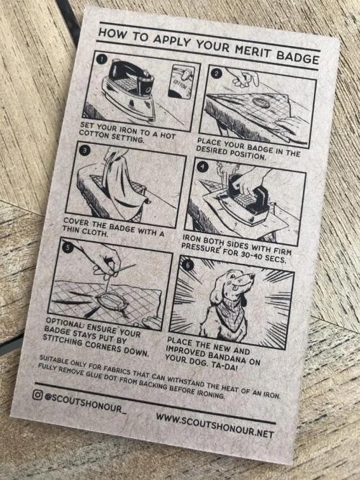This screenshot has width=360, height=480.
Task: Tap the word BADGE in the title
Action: click(x=298, y=58)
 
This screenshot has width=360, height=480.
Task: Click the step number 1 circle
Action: click(x=100, y=59)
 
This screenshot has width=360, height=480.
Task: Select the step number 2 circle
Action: click(x=216, y=73)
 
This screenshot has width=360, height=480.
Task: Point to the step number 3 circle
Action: click(x=84, y=150)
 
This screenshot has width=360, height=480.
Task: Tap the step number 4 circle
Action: click(x=202, y=167)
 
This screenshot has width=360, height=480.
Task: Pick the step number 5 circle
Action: click(x=68, y=247)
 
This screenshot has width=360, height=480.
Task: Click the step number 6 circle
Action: click(x=187, y=266)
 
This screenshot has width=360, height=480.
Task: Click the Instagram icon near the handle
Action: click(x=37, y=395)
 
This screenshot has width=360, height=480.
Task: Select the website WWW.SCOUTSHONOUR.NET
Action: click(x=215, y=425)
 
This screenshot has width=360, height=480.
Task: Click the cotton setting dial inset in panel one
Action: click(x=181, y=81)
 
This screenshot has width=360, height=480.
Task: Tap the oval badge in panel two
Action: click(x=261, y=103)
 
